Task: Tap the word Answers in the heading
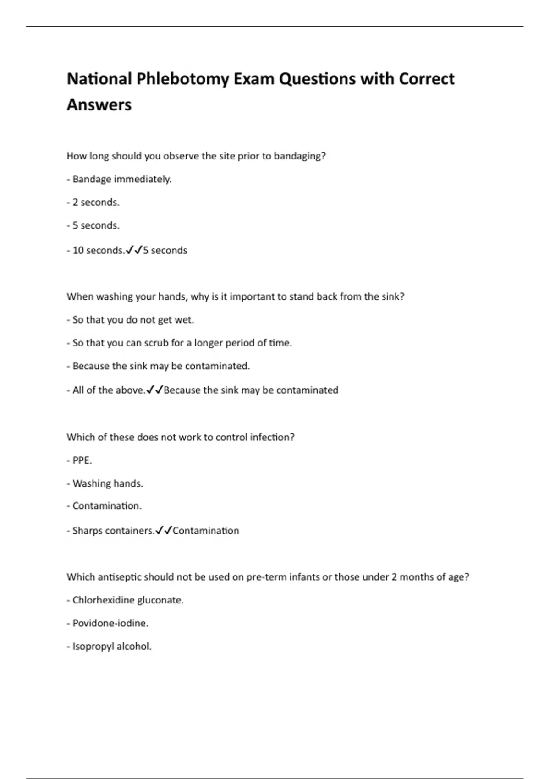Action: point(99,105)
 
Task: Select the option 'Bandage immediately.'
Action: point(121,179)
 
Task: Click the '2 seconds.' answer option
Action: point(95,203)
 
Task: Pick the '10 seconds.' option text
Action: point(98,251)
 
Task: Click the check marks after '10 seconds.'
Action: point(133,250)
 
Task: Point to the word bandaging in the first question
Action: point(299,156)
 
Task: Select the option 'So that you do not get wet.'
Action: point(133,320)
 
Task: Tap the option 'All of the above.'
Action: point(109,390)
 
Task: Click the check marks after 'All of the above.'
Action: point(154,390)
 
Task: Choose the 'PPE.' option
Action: point(82,461)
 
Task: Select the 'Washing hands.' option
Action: point(108,484)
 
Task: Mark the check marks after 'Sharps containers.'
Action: point(164,531)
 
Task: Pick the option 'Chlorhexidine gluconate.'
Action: point(128,600)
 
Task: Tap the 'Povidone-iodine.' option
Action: point(110,624)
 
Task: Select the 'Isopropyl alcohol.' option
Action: point(112,647)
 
